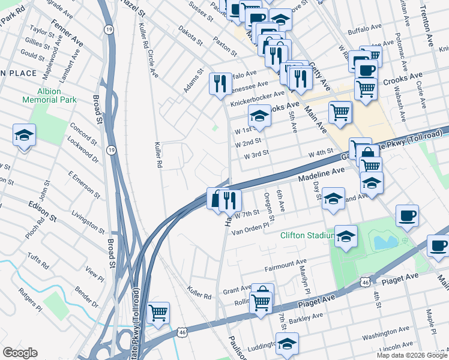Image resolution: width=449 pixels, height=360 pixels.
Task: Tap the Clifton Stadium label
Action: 306,235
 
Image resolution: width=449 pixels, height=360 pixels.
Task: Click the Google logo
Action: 20,353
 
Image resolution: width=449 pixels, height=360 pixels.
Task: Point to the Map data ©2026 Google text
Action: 411,355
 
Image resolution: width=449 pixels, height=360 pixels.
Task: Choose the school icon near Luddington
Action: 288,343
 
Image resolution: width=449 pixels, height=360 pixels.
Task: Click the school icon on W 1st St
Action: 259,115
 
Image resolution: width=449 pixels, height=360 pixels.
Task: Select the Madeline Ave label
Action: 321,171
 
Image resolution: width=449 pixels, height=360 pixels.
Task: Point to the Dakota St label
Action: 191,37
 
